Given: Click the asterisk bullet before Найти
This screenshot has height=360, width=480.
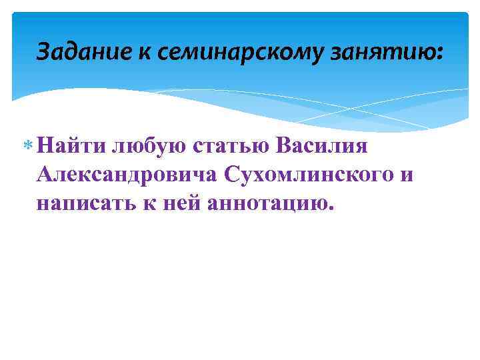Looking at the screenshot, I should click(28, 145).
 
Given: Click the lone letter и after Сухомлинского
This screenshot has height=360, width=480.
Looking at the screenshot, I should click(407, 175).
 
